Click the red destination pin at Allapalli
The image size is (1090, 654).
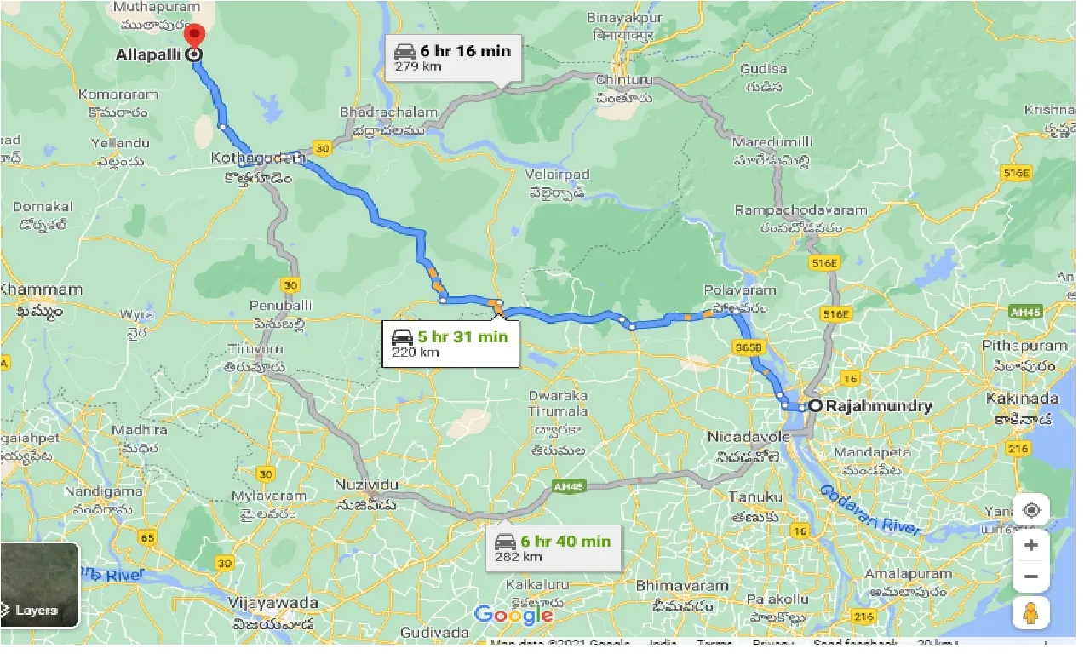pos(195,37)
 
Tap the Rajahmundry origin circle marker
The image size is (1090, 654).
pos(815,406)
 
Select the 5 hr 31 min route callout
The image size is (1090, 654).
pos(450,342)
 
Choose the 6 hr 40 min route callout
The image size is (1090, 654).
pos(553,548)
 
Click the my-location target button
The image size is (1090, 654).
pos(1031,510)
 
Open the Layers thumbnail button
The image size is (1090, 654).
pos(40,585)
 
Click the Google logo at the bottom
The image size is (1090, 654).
pos(513,614)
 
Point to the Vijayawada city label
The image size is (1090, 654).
pos(273,603)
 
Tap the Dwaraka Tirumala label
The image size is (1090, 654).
pos(558,404)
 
